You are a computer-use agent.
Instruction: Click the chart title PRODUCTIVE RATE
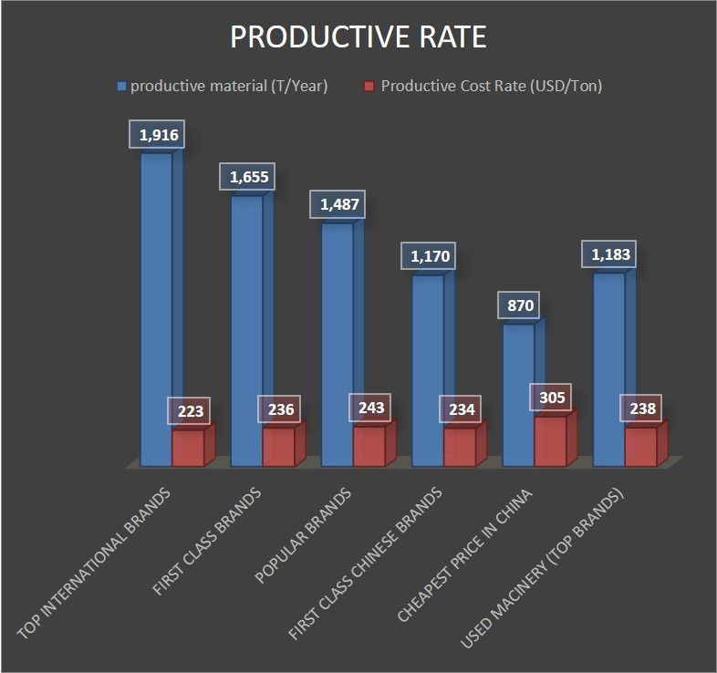358,37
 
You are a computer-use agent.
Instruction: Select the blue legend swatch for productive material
121,87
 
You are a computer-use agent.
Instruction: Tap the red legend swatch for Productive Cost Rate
369,87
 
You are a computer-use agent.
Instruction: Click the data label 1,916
158,136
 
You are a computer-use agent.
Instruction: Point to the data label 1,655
247,177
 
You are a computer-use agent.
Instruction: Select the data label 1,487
338,204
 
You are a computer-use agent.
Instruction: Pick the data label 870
518,305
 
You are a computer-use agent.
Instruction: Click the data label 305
552,397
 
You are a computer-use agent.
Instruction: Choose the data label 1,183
609,254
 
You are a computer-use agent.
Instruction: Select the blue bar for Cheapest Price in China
518,392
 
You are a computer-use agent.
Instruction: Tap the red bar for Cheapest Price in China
550,442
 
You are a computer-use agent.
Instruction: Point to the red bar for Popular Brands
369,447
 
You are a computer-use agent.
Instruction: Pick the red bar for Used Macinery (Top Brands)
640,447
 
